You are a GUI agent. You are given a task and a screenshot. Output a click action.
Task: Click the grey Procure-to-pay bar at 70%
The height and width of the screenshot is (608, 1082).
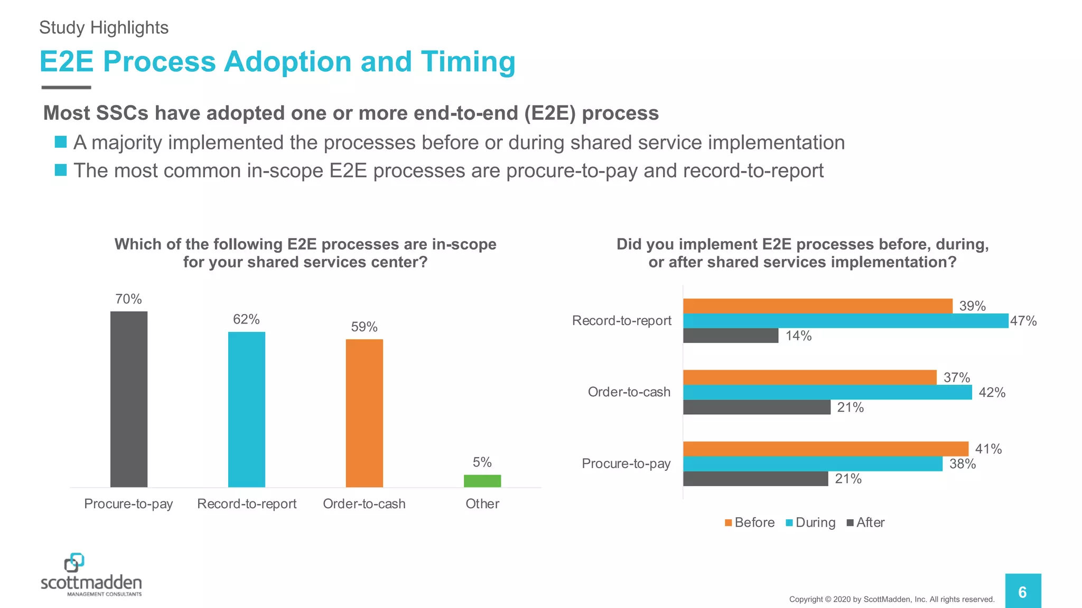click(128, 399)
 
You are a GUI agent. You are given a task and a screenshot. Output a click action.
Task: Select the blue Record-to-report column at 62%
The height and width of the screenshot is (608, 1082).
click(246, 409)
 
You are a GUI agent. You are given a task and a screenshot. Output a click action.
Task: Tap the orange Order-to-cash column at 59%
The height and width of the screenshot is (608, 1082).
click(364, 413)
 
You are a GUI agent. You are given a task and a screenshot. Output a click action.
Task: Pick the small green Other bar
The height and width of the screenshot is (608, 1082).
click(482, 481)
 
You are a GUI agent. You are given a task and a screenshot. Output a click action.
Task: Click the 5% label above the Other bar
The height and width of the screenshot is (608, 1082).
click(482, 462)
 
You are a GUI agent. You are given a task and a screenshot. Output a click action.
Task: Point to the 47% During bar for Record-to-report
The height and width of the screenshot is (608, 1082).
click(845, 321)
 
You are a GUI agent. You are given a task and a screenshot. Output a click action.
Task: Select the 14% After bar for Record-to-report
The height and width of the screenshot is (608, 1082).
click(730, 336)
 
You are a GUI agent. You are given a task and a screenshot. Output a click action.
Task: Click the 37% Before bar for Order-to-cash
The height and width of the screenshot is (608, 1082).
click(809, 377)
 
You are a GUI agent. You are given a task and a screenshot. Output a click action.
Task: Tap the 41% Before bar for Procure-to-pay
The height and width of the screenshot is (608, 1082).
click(825, 449)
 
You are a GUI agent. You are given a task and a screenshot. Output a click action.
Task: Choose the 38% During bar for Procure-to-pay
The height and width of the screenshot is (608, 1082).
click(813, 464)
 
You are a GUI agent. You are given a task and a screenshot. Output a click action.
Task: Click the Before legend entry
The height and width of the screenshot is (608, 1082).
click(750, 522)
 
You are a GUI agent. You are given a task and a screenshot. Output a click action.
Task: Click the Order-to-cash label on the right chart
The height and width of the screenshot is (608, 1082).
click(629, 392)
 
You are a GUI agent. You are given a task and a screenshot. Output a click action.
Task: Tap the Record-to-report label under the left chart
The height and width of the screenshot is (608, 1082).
click(246, 503)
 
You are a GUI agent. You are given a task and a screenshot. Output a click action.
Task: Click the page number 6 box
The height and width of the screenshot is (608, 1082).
click(1022, 592)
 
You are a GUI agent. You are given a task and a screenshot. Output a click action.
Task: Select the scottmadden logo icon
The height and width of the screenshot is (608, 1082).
click(74, 563)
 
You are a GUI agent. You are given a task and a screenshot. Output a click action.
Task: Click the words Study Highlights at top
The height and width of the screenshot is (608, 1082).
click(104, 27)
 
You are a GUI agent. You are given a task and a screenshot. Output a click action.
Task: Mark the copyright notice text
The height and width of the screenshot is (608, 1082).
click(891, 599)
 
